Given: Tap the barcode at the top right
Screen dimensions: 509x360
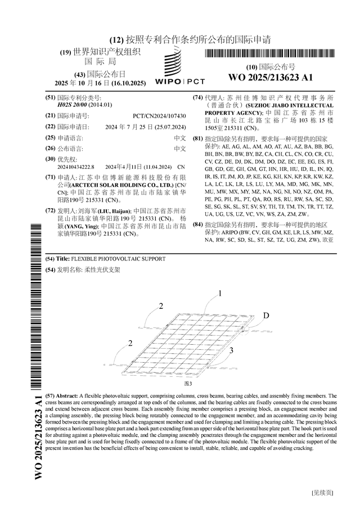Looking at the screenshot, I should (270, 54).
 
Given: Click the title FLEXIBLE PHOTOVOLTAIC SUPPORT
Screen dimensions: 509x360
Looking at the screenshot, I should (118, 259).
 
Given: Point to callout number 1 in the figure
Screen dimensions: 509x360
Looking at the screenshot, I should (220, 293).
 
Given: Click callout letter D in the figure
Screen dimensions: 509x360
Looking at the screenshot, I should (266, 315).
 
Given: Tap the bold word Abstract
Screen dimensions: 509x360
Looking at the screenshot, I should (67, 396).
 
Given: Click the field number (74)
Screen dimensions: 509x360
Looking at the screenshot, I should (198, 97).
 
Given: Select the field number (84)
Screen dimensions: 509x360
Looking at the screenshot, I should (198, 224).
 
